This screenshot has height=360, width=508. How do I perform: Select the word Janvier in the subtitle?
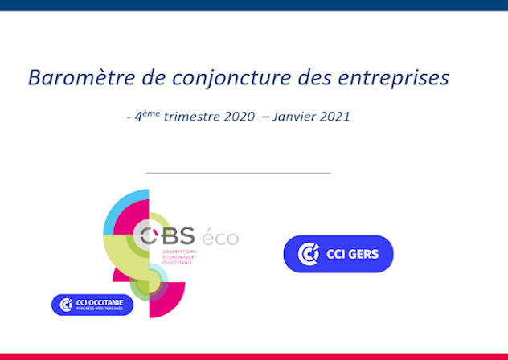295,116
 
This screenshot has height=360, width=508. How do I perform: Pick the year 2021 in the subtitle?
334,116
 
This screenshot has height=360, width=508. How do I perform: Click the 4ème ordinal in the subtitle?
148,116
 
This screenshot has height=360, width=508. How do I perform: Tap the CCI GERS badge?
338,254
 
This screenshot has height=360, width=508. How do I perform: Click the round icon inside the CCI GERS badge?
309,254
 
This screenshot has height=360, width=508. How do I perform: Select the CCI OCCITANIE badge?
92,305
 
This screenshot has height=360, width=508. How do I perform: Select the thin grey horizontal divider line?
238,172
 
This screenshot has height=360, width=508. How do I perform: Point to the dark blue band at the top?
254,5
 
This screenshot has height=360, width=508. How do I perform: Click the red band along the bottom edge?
254,356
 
